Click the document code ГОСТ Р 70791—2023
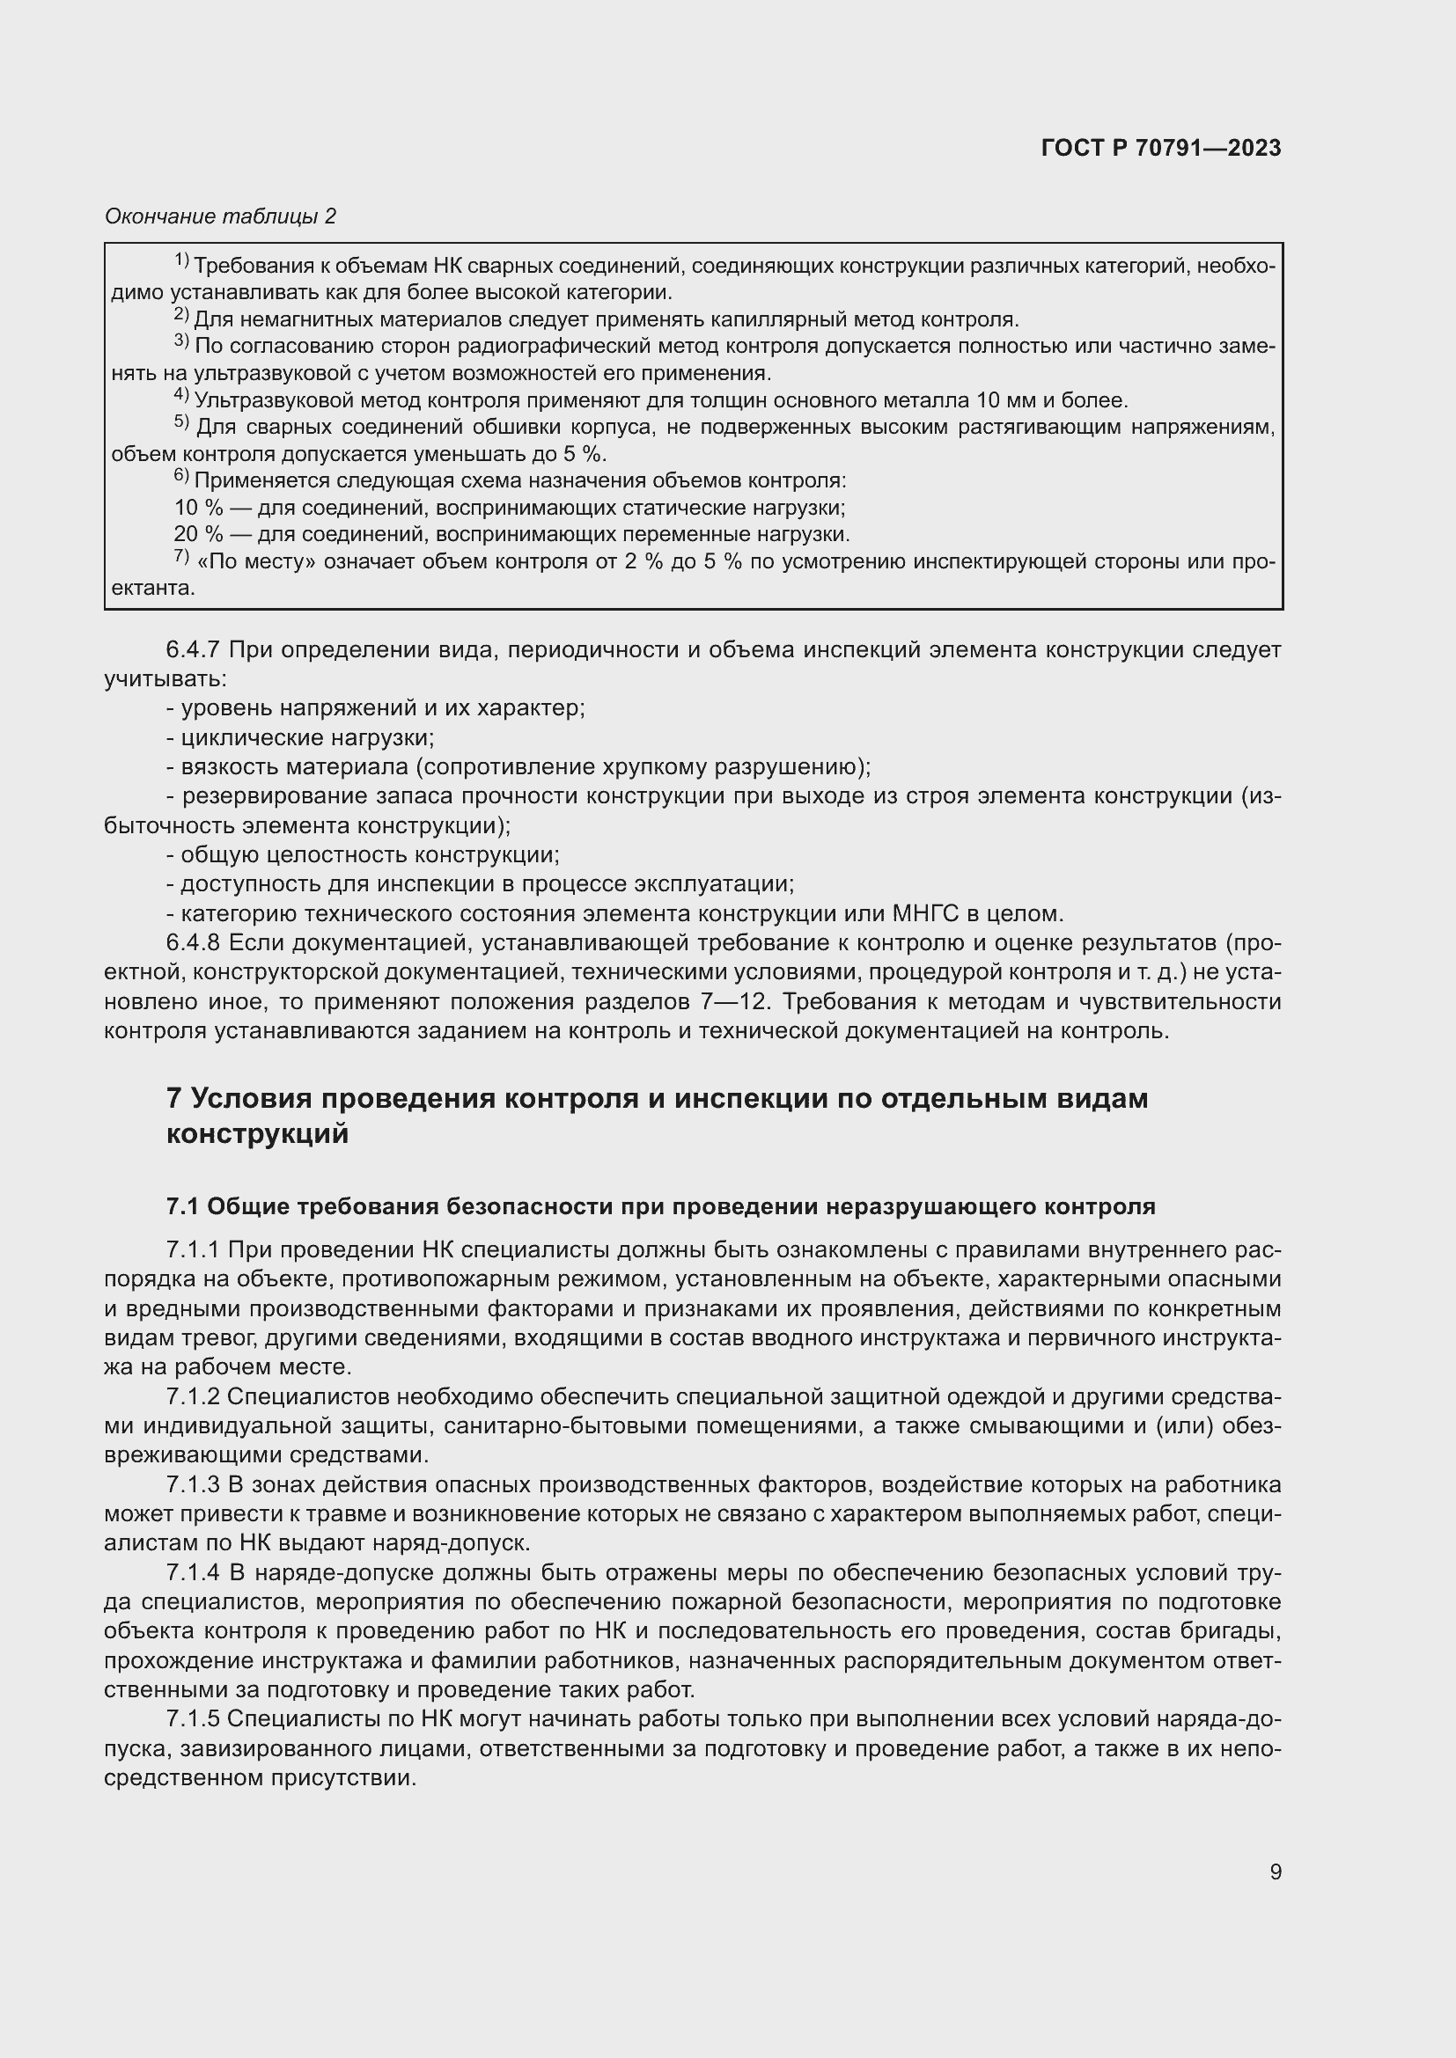click(1161, 149)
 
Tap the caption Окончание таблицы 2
click(221, 216)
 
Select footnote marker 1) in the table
click(181, 260)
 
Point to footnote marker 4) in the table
click(181, 395)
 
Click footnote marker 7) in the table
click(181, 557)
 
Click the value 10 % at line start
click(198, 509)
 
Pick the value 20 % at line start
click(198, 535)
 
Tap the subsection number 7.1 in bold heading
click(182, 1206)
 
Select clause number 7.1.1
click(193, 1249)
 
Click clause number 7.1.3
click(193, 1484)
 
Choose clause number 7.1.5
click(193, 1719)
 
